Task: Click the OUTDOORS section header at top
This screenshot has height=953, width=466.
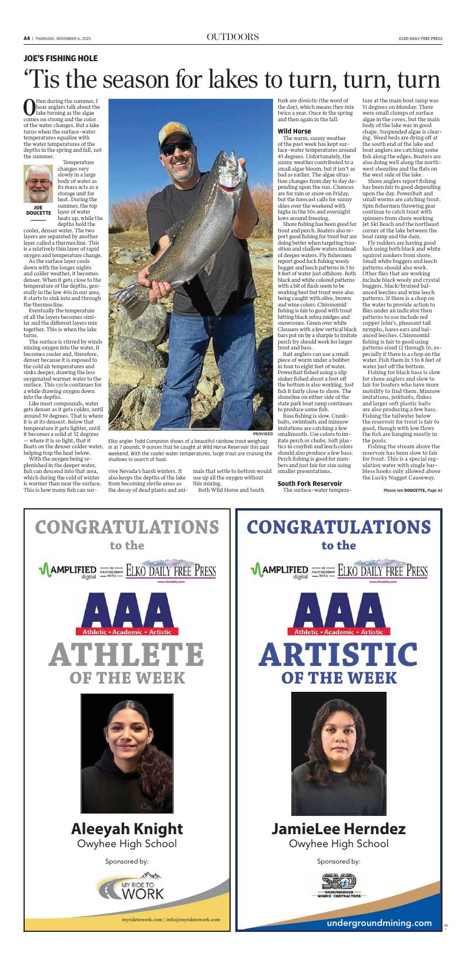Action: [233, 37]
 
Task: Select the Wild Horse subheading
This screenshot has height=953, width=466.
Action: [294, 131]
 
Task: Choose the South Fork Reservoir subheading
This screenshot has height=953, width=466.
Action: [309, 483]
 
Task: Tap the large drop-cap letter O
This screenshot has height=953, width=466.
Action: [29, 106]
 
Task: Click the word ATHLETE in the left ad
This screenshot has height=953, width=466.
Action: [127, 654]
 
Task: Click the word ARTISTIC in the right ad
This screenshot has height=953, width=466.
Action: [338, 654]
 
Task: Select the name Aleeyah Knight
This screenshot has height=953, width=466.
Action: [127, 829]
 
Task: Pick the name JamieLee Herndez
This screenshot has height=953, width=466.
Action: [338, 829]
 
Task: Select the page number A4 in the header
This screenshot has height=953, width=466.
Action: [27, 38]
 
